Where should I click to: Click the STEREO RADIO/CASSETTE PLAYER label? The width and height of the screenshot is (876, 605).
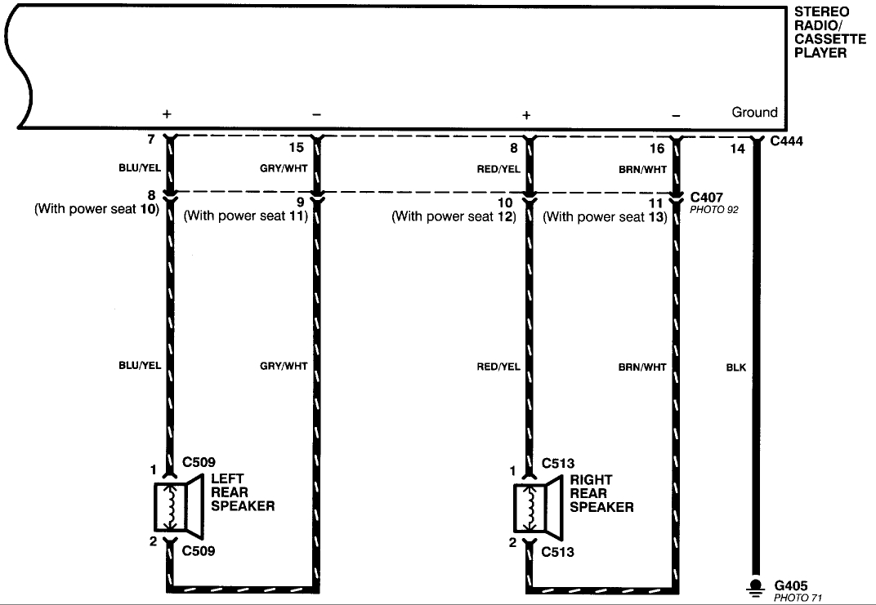(829, 33)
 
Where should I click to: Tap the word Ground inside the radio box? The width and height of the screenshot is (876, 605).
(754, 112)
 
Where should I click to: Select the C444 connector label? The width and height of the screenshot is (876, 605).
(787, 141)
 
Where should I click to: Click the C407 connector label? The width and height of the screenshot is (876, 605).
(707, 197)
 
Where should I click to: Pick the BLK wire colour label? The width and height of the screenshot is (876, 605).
(735, 367)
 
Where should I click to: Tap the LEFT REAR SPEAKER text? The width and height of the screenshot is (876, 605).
(243, 492)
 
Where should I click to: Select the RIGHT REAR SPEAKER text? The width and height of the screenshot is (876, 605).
(601, 493)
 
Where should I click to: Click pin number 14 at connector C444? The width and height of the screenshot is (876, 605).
(737, 149)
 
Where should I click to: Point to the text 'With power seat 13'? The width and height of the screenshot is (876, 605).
(605, 216)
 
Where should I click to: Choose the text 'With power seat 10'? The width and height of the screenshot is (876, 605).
(97, 209)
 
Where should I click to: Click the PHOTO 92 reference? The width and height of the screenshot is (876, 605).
(714, 210)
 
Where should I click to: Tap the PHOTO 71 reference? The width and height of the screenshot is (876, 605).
(798, 598)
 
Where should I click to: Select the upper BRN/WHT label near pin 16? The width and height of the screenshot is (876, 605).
(642, 169)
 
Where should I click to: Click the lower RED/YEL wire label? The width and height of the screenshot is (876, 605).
(498, 367)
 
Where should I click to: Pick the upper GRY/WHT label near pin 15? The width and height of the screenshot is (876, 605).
(284, 168)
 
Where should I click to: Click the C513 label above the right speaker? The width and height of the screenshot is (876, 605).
(558, 463)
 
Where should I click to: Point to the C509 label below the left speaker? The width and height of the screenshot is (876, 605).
(199, 551)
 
